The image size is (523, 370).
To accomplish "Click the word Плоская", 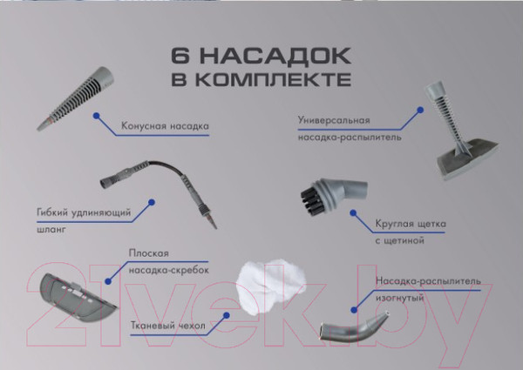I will point(146,252).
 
